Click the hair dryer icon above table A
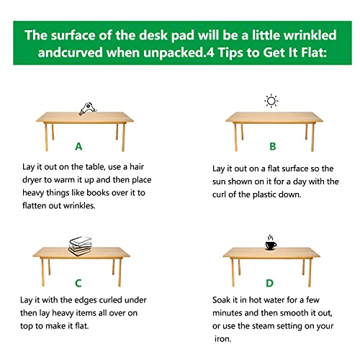click(x=86, y=109)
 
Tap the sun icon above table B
click(x=271, y=101)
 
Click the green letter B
click(x=272, y=146)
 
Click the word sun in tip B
click(x=224, y=181)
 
